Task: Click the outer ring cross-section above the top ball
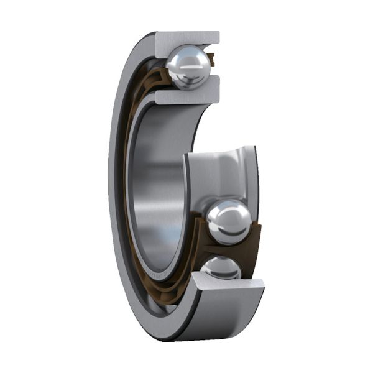point(186,37)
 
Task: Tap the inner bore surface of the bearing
point(155,186)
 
